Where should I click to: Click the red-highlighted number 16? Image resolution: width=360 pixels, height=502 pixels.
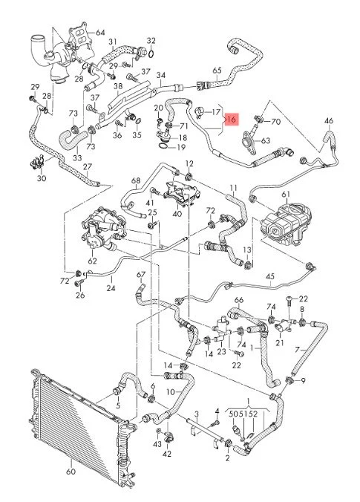click(232, 120)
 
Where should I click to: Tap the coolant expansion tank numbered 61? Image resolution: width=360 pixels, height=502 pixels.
click(285, 225)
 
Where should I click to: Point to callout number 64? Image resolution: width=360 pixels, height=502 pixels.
click(100, 33)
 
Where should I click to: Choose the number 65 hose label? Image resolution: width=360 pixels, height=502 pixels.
click(217, 70)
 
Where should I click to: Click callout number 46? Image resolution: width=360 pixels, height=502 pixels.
click(329, 121)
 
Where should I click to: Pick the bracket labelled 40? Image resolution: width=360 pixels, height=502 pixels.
click(181, 194)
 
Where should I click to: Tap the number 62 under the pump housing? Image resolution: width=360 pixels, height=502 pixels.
click(92, 261)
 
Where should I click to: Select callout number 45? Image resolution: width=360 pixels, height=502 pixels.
click(269, 276)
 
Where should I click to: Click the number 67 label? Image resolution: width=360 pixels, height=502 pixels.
click(141, 275)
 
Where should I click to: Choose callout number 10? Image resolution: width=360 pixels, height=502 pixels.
click(171, 391)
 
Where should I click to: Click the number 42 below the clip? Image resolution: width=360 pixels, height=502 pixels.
click(167, 454)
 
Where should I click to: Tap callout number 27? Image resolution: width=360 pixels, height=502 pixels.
click(88, 166)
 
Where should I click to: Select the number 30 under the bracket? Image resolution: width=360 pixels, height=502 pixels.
click(42, 178)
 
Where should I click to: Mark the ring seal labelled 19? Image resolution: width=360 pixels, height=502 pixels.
click(163, 146)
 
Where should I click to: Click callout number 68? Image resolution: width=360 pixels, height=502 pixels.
click(136, 180)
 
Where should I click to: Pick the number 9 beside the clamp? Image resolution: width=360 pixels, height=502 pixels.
click(303, 381)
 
